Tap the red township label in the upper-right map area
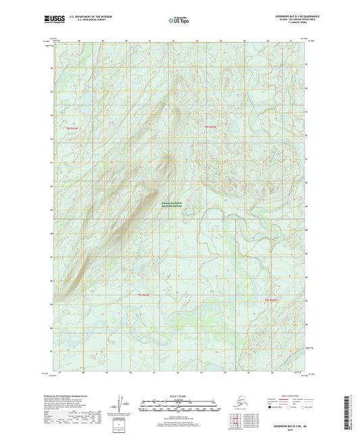(211, 126)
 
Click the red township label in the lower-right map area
(271, 299)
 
